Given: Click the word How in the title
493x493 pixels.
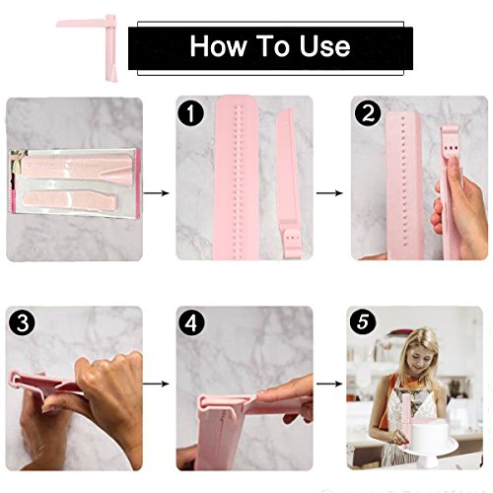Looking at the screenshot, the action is [217, 45].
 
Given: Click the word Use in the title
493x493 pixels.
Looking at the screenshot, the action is [324, 45].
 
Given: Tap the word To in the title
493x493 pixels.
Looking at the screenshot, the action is [272, 45].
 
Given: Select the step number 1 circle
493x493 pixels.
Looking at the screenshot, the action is [191, 113].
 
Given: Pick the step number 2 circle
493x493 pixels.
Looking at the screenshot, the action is [368, 113].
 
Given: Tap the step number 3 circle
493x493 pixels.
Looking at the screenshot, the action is [22, 322].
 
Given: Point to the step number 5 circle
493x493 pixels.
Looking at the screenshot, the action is [363, 321].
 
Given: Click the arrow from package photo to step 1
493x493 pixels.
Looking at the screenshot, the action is [156, 193].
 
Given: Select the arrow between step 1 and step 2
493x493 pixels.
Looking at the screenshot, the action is [329, 193].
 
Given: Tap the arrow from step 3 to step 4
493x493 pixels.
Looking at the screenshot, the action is [156, 384].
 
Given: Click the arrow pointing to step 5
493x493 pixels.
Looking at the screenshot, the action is [329, 384].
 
